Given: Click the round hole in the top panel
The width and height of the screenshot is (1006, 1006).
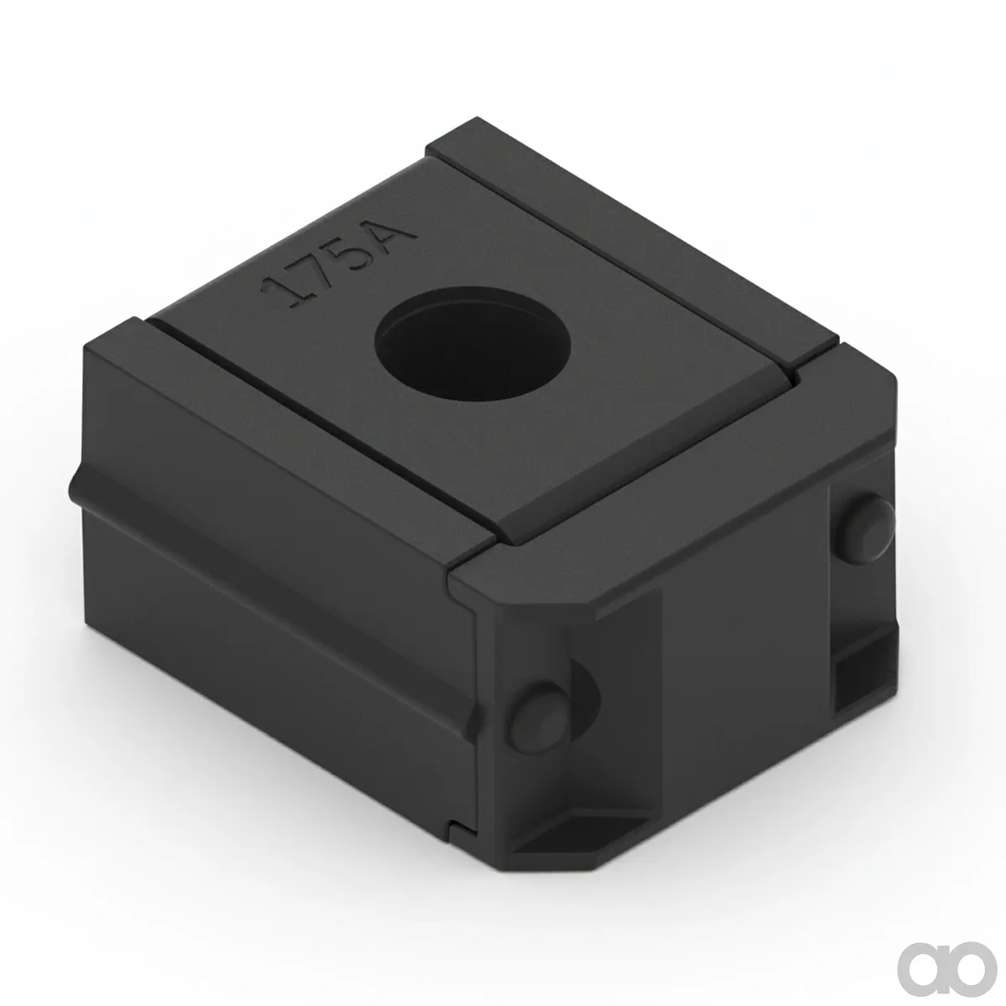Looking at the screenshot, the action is pyautogui.click(x=473, y=343).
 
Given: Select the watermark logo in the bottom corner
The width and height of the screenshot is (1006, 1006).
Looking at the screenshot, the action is pyautogui.click(x=940, y=956).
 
